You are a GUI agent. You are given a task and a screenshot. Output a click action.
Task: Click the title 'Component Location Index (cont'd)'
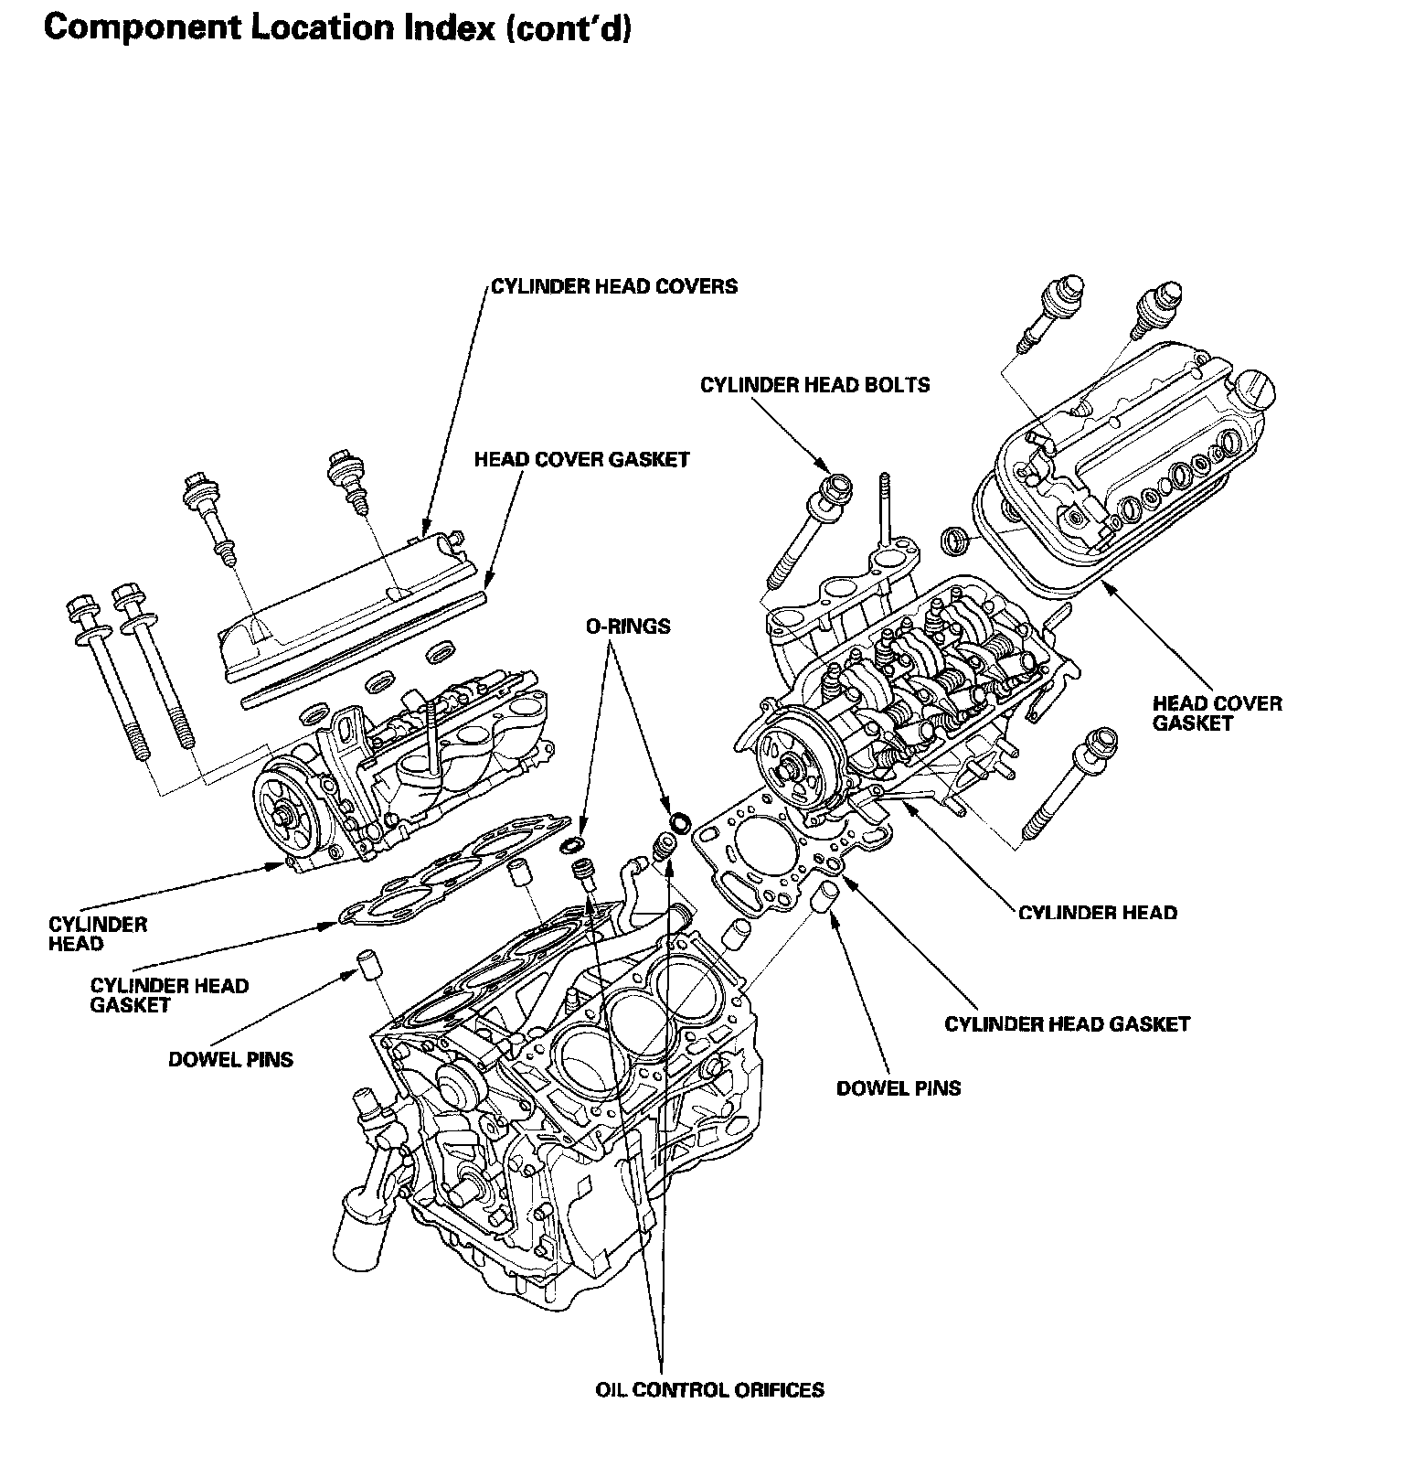click(x=337, y=29)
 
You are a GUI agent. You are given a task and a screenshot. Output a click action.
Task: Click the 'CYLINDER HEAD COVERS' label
click(x=614, y=286)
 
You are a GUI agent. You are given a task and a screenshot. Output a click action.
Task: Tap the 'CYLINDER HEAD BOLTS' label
click(x=814, y=385)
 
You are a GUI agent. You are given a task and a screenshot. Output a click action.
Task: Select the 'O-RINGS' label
click(x=628, y=626)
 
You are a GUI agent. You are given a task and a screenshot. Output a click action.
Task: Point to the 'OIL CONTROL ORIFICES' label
click(x=709, y=1390)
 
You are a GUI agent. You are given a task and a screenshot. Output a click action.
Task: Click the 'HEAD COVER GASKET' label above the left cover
click(x=581, y=459)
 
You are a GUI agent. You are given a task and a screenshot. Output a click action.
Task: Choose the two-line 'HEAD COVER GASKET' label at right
click(x=1217, y=713)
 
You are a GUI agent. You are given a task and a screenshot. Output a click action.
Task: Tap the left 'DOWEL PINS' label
click(x=230, y=1060)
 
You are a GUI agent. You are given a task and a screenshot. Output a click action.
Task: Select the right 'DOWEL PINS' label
click(x=899, y=1088)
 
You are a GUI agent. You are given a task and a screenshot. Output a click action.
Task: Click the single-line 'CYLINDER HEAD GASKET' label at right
click(x=1067, y=1023)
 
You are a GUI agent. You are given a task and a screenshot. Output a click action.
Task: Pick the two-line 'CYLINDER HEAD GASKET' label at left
click(x=169, y=995)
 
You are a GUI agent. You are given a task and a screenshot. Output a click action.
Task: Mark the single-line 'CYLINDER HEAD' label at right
click(x=1097, y=913)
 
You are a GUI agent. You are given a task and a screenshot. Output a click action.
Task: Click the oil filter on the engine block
click(x=359, y=1233)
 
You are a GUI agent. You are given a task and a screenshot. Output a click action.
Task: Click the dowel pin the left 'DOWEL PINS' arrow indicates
click(x=367, y=966)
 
